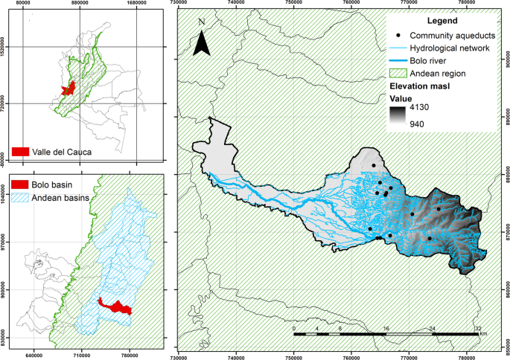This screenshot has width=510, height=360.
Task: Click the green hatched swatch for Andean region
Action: [x=401, y=73]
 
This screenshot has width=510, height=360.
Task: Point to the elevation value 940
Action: [x=436, y=123]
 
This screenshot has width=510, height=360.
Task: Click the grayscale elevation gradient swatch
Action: [x=400, y=117]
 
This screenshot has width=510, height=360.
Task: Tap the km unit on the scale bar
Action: [x=483, y=335]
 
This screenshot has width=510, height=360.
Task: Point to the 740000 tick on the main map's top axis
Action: [x=236, y=4]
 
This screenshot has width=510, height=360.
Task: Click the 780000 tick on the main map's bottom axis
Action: [x=466, y=356]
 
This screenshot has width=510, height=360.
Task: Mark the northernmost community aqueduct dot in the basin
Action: [x=374, y=165]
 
